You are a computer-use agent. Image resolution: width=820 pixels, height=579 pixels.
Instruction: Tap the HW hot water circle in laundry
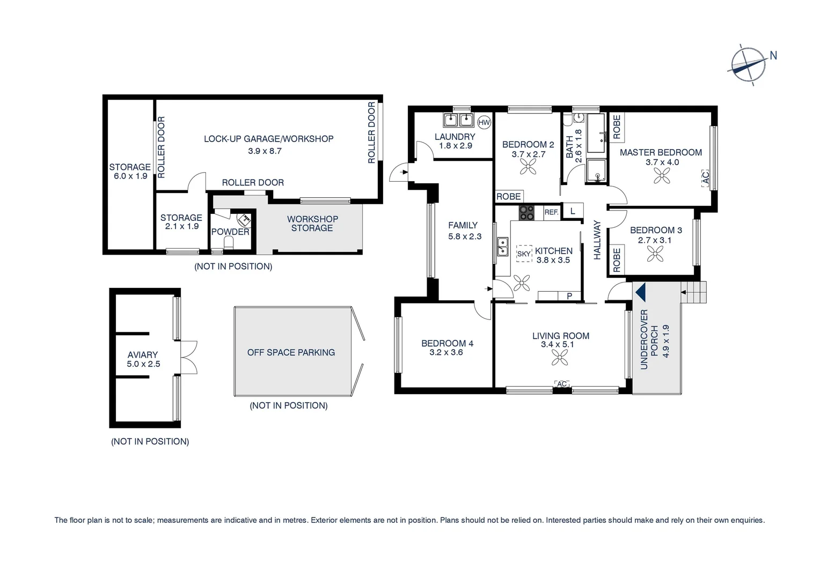[484, 122]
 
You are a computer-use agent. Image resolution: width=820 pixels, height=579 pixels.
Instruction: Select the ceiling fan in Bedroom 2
[528, 167]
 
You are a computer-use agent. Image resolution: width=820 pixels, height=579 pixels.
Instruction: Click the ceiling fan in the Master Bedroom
[663, 175]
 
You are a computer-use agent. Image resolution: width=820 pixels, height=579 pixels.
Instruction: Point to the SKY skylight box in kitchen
[524, 254]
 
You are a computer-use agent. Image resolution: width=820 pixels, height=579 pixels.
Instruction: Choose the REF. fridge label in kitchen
[551, 212]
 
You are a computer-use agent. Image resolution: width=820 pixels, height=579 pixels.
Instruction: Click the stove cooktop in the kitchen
[526, 213]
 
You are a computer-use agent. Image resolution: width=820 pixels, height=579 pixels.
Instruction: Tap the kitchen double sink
[502, 247]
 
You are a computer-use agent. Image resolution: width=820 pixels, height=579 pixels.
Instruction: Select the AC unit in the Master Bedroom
[706, 177]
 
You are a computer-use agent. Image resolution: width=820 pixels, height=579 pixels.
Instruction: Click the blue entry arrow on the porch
[640, 292]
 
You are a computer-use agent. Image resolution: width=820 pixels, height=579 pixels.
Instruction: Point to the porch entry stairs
[696, 292]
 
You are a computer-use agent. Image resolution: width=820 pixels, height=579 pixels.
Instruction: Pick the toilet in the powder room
[230, 243]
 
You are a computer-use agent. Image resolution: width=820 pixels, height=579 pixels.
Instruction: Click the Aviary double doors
[189, 357]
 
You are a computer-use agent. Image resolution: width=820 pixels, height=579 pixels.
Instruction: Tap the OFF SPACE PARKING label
[291, 352]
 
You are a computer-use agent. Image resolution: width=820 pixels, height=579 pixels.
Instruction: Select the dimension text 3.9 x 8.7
[265, 151]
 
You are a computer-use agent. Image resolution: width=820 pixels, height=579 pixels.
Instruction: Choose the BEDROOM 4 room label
[447, 343]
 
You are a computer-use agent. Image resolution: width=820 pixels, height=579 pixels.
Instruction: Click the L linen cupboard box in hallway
[573, 211]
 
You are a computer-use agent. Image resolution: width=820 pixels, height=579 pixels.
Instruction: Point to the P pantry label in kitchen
[569, 296]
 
